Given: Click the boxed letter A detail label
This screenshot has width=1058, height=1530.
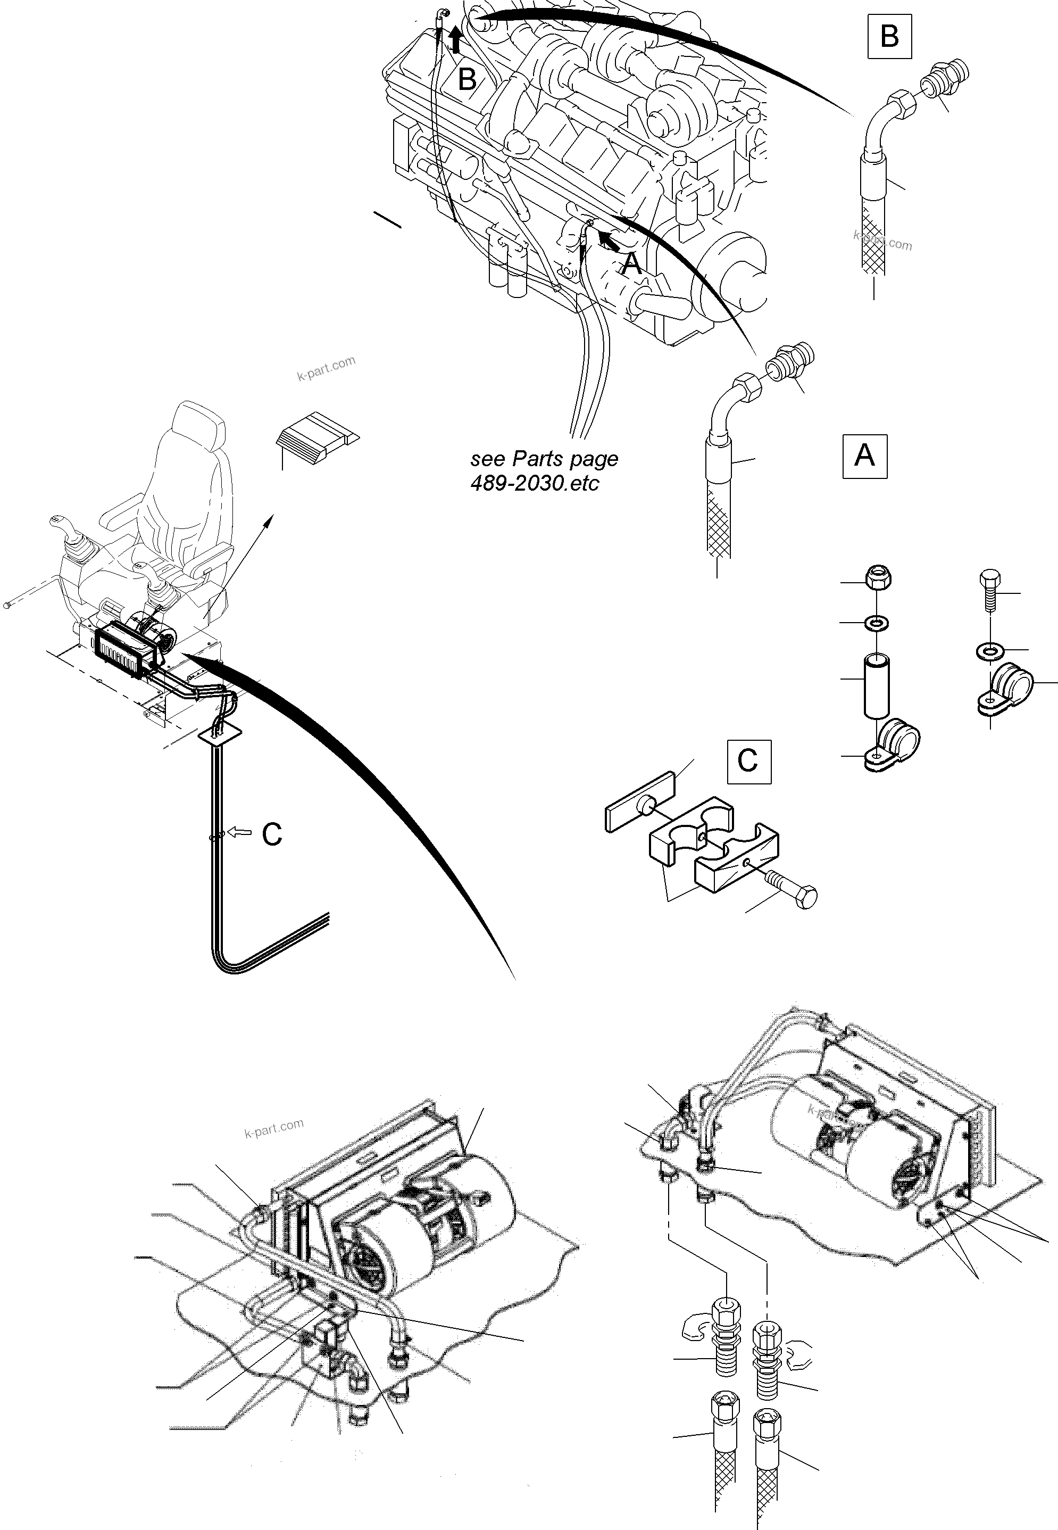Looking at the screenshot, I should [864, 456].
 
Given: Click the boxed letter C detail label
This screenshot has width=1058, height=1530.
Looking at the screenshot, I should [748, 762].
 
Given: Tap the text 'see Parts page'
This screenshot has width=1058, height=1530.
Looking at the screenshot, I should [544, 459].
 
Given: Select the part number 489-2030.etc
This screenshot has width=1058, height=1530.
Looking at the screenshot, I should [534, 483].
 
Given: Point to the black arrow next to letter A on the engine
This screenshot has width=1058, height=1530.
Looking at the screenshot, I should [610, 241].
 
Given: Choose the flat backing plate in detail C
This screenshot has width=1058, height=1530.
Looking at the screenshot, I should [640, 800].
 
